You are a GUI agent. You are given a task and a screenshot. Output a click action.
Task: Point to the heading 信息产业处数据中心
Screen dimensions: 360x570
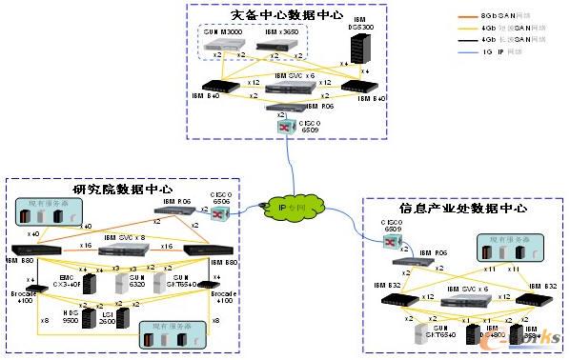pyautogui.click(x=460, y=208)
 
